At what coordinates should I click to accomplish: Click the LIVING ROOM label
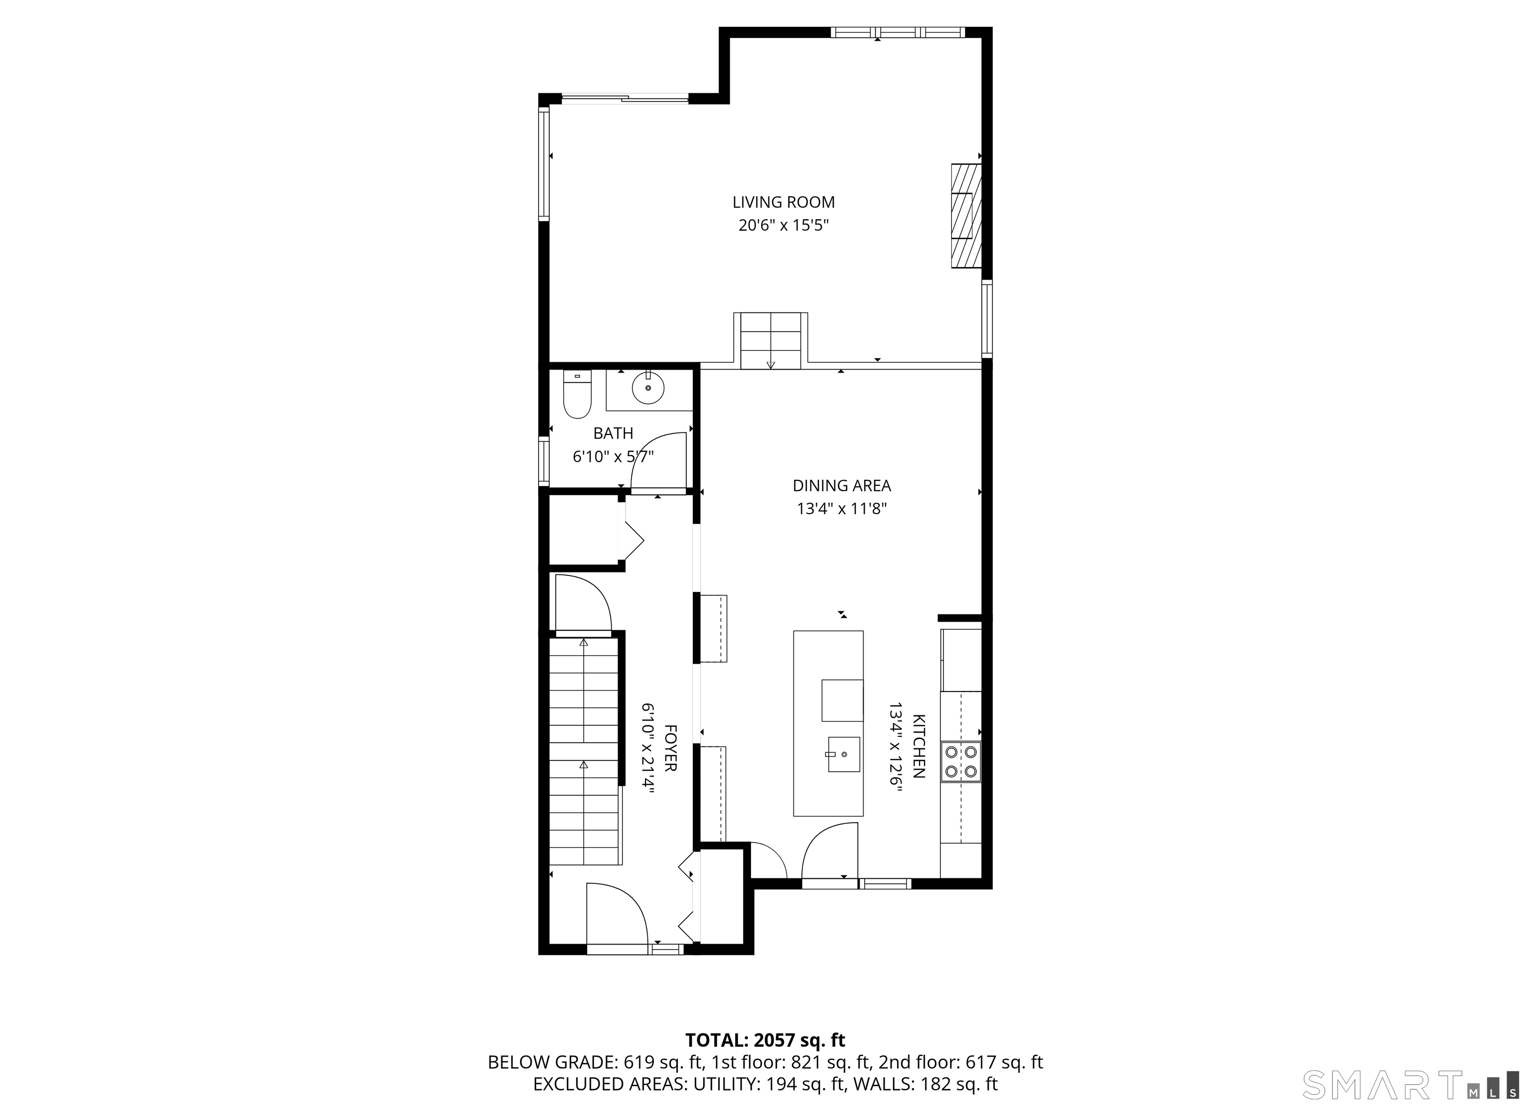[x=784, y=202]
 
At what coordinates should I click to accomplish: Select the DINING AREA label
[x=842, y=485]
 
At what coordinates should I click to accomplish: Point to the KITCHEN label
[x=919, y=746]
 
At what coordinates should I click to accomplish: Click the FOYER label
[x=670, y=748]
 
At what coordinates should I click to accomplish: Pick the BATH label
[x=613, y=433]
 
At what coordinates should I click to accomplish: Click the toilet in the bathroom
[x=577, y=394]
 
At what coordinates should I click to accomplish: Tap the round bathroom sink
[x=648, y=388]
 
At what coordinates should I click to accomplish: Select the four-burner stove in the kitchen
[x=961, y=761]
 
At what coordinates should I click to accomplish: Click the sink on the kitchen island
[x=844, y=754]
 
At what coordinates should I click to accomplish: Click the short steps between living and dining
[x=771, y=341]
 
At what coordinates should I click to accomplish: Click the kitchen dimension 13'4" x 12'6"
[x=895, y=746]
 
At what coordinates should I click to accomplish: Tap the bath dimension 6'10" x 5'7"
[x=613, y=457]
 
